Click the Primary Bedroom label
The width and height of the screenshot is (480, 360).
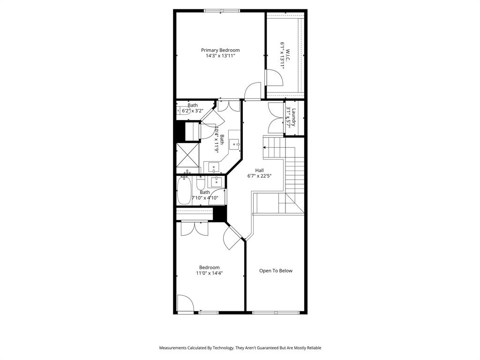click(x=220, y=50)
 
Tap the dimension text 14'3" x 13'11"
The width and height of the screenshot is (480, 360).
click(x=220, y=56)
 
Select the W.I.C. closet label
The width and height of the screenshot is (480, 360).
click(x=288, y=52)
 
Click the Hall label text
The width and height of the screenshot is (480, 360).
click(x=259, y=170)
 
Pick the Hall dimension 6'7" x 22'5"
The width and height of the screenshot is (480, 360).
click(x=259, y=176)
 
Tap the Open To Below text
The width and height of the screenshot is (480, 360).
click(x=276, y=270)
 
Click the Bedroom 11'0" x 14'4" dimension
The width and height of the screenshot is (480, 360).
click(x=209, y=273)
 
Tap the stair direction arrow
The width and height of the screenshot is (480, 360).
click(x=266, y=147)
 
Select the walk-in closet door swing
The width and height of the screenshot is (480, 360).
click(x=274, y=78)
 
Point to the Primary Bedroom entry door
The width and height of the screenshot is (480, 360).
click(x=253, y=92)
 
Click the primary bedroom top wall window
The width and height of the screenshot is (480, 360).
click(x=222, y=11)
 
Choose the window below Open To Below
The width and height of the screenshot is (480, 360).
click(x=276, y=312)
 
